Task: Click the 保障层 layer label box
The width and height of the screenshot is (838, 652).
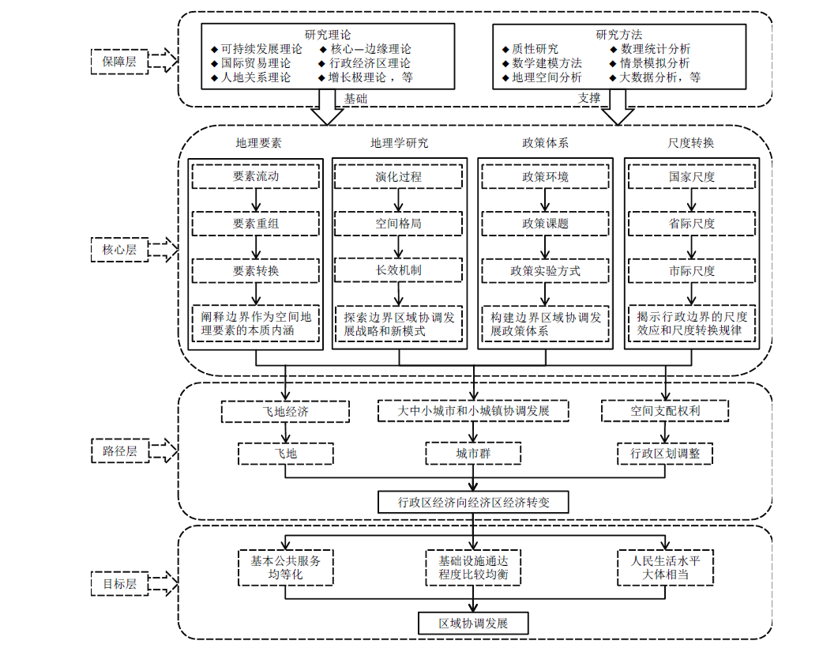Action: point(119,60)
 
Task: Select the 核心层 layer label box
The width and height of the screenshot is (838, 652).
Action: point(119,250)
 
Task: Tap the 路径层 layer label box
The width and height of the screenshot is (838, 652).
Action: point(119,451)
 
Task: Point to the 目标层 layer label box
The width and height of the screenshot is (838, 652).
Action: point(119,585)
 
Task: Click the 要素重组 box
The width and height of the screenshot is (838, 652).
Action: point(256,224)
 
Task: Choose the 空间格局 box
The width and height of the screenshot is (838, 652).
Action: point(398,224)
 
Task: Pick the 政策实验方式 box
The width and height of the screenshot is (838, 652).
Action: point(545,271)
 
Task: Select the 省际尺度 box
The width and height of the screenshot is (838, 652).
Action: point(691,224)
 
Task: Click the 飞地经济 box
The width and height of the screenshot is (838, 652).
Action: point(285,412)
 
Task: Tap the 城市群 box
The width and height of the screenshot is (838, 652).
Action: point(472,454)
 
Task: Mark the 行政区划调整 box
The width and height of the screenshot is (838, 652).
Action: point(664,454)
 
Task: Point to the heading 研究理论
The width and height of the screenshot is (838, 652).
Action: point(328,35)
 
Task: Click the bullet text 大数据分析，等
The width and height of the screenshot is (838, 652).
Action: point(660,77)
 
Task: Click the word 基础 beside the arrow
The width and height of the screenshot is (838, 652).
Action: point(355,99)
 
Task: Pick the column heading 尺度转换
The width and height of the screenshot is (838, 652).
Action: point(691,143)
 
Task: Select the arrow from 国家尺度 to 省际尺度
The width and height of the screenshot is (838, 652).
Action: point(691,200)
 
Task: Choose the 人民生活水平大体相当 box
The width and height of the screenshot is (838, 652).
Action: point(665,567)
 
